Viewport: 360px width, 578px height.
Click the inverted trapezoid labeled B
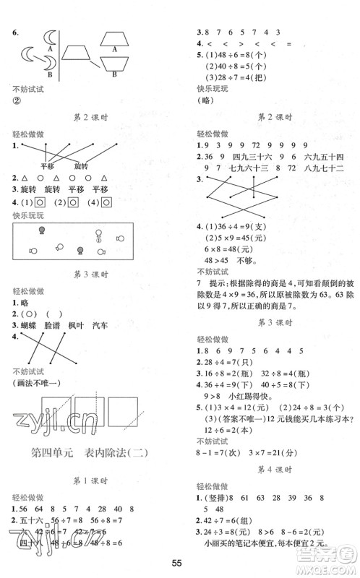116,67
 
